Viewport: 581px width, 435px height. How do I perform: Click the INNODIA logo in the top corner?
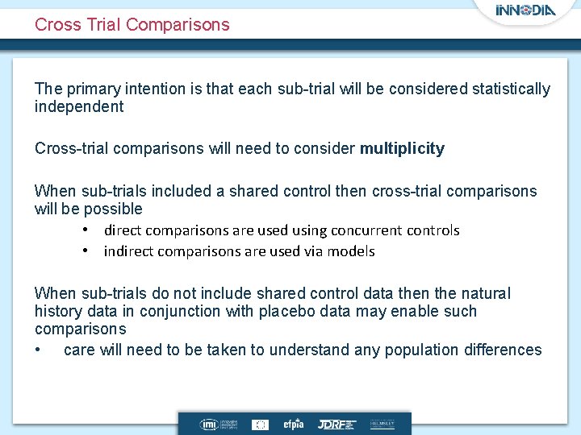coord(525,11)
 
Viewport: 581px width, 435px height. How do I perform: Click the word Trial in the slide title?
coord(102,25)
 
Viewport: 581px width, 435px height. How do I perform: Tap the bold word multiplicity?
coord(402,148)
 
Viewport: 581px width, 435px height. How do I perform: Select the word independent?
coord(79,106)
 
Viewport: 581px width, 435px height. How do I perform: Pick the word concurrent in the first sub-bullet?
coord(350,230)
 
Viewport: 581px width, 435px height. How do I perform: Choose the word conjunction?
coord(183,311)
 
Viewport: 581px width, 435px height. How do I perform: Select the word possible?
coord(115,209)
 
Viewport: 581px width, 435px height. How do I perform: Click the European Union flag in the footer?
coord(261,424)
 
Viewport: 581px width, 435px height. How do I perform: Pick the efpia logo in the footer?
coord(293,424)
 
